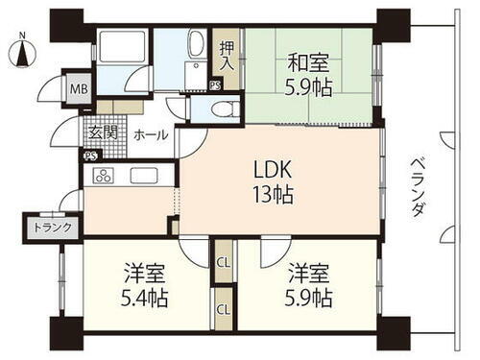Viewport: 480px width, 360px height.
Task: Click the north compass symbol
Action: (x=22, y=50)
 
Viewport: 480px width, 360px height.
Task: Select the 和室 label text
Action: (x=307, y=65)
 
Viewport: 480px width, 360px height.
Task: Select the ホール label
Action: (x=149, y=134)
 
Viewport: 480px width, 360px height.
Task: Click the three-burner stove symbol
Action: (x=103, y=176)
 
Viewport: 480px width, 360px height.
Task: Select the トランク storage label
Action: (x=45, y=228)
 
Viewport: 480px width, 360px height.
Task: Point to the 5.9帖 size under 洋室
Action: (x=307, y=297)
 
